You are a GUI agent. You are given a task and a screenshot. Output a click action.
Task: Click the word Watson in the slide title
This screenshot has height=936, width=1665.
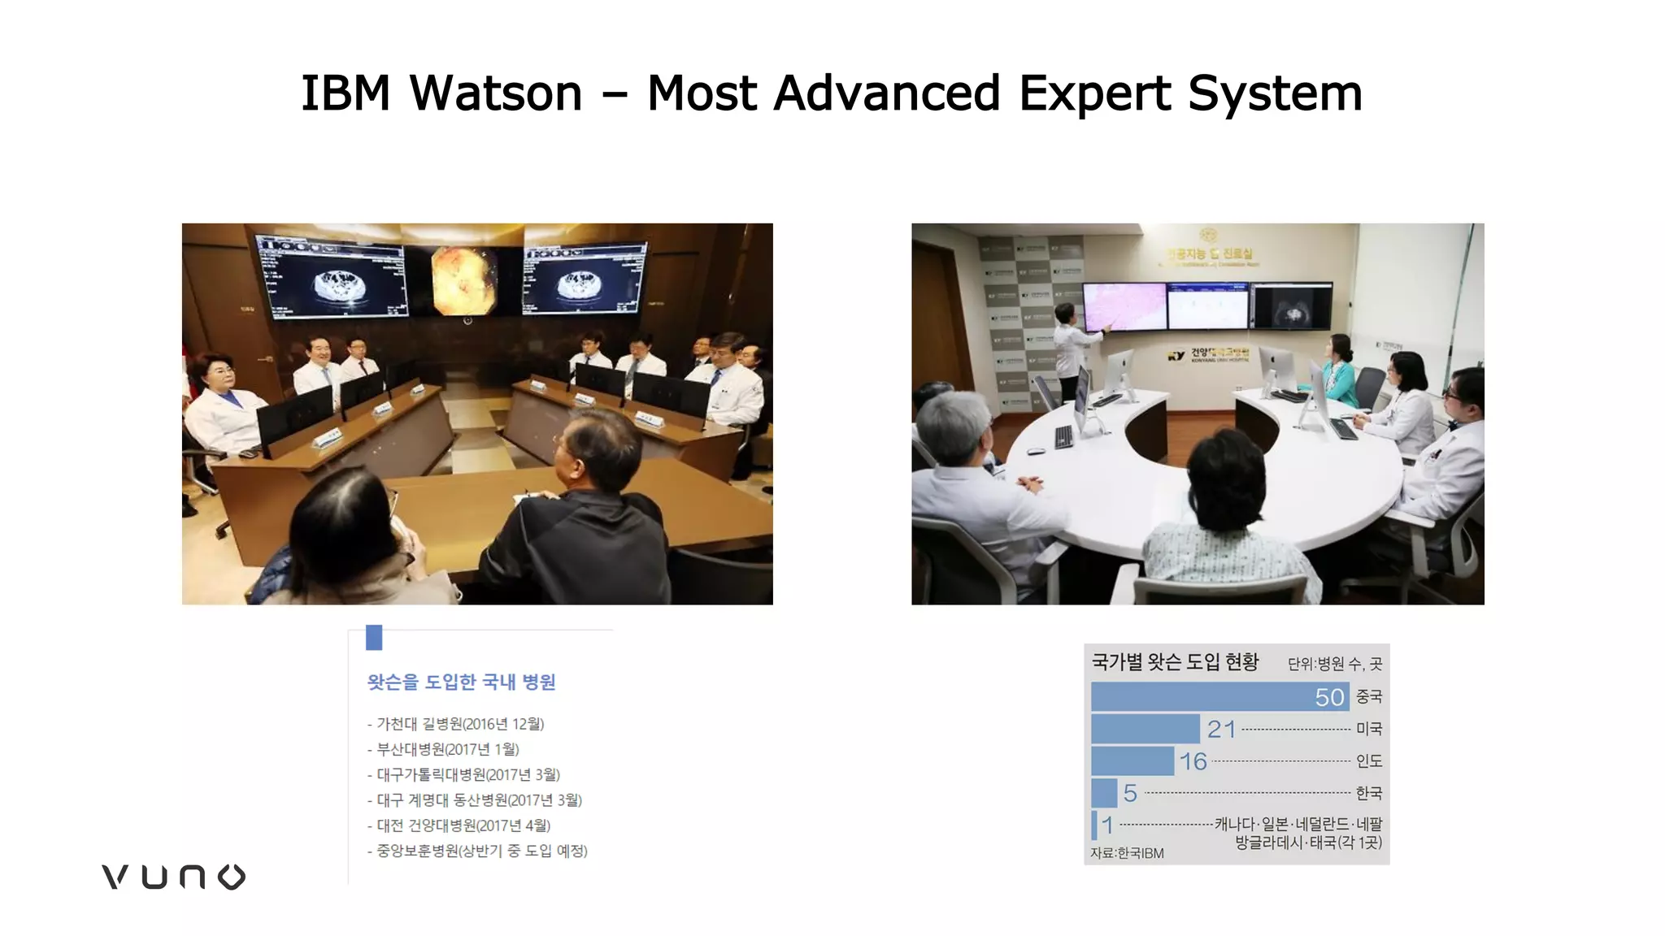(496, 93)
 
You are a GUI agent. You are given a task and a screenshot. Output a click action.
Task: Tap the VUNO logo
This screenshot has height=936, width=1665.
(173, 877)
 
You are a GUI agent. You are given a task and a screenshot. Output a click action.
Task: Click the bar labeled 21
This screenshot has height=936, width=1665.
(1145, 729)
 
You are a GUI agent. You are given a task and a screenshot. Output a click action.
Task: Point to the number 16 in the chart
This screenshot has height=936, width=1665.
(1193, 761)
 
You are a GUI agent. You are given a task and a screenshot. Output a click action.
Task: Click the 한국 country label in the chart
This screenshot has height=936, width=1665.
(1368, 793)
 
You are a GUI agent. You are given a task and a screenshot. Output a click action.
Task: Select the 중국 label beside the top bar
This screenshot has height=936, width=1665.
(1368, 696)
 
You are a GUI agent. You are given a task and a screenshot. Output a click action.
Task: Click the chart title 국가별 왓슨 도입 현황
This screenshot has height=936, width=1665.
(1175, 662)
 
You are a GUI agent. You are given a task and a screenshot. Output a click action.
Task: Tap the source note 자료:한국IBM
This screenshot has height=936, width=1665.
(1127, 853)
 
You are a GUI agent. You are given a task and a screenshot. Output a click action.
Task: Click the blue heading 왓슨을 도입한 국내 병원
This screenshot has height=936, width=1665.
(461, 682)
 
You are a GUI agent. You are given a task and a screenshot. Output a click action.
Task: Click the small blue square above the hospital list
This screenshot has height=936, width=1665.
(374, 637)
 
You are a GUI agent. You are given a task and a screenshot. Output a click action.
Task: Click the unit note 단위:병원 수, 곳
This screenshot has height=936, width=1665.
(1334, 664)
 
